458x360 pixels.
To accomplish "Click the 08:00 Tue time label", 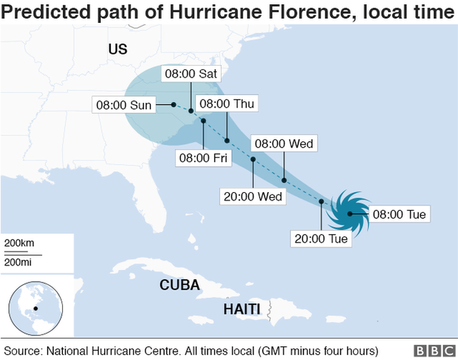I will [x=400, y=214].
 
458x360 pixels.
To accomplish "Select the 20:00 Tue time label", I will [x=321, y=239].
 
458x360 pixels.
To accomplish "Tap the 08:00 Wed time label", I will [x=284, y=144].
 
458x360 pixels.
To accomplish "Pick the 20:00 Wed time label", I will [x=253, y=196].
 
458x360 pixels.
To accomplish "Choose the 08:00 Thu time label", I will [x=227, y=104].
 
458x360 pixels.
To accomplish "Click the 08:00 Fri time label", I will [x=203, y=157].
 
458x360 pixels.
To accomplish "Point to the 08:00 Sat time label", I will [x=190, y=73].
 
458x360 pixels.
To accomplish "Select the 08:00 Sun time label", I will [x=123, y=104].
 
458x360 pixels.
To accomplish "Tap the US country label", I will [x=118, y=50].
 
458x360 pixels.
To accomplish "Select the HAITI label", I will [x=242, y=308].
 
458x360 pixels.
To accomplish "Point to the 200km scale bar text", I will [x=19, y=243].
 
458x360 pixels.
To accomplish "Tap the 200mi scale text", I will [x=19, y=262].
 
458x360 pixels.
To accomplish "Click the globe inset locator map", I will [x=35, y=307].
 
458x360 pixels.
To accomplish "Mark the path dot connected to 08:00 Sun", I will [x=174, y=104].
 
